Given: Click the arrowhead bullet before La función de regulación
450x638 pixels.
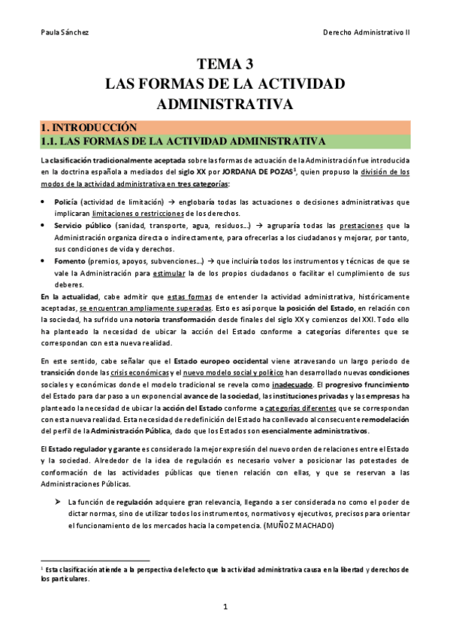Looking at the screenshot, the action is click(x=56, y=480).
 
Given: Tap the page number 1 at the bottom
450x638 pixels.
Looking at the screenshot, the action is click(x=225, y=606).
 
